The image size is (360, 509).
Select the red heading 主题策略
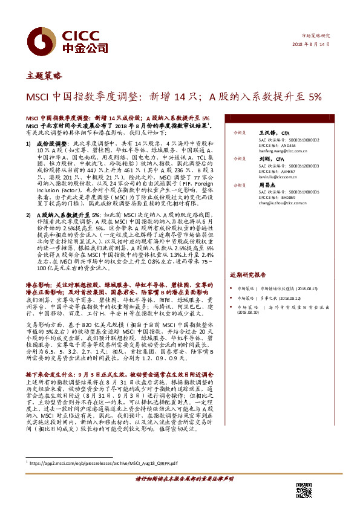[44, 76]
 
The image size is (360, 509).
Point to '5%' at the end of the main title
[315, 96]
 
